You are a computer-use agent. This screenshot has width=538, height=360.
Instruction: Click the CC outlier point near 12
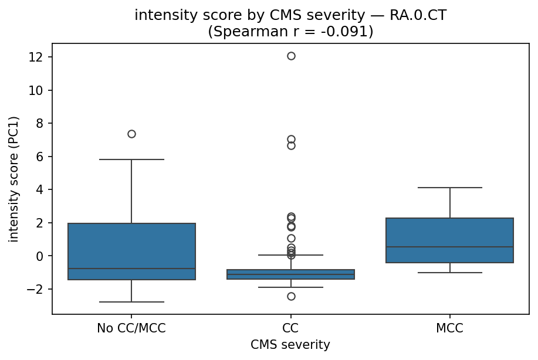coord(291,56)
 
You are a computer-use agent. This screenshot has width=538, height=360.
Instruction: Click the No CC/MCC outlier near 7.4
coord(131,134)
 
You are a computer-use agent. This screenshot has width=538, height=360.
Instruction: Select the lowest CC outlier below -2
coord(291,296)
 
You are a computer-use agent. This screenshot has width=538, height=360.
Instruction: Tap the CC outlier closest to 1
coord(291,238)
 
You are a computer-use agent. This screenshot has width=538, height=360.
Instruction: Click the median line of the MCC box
coord(450,247)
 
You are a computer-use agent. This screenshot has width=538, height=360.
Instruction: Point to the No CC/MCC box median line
coord(131,269)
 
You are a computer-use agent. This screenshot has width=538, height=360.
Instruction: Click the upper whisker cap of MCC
coord(450,188)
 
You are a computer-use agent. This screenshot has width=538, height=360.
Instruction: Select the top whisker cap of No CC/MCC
coord(131,159)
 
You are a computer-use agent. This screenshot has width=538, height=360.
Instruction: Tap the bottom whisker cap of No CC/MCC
coord(131,302)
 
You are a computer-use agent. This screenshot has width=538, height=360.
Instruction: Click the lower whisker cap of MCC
coord(450,273)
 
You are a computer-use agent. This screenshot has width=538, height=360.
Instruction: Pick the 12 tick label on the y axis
coord(40,57)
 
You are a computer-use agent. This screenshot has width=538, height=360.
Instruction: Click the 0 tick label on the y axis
coord(43,256)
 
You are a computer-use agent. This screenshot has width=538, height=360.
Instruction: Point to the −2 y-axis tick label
coord(40,289)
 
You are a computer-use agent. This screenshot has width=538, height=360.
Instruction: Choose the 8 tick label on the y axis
coord(43,123)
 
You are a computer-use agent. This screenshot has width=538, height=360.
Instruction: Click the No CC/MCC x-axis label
coord(131,328)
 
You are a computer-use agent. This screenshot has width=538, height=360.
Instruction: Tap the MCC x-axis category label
coord(450,328)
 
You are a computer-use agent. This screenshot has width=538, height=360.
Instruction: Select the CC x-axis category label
coord(291,328)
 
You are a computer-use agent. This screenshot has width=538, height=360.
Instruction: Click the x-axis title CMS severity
coord(290,345)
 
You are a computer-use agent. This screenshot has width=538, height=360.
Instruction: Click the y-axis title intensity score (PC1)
coord(14,179)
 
